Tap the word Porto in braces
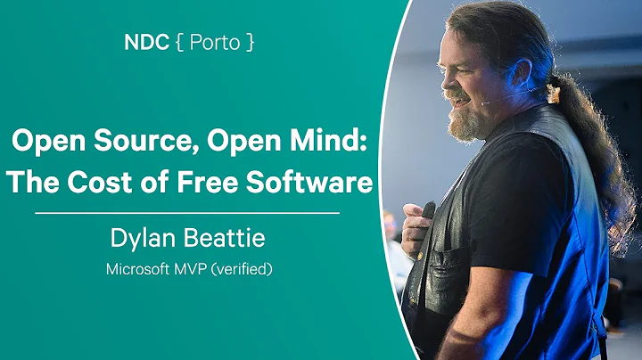click(x=213, y=44)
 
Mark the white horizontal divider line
click(x=186, y=214)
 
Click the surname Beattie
click(x=218, y=239)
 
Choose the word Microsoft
click(x=138, y=268)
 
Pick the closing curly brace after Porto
click(x=251, y=44)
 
